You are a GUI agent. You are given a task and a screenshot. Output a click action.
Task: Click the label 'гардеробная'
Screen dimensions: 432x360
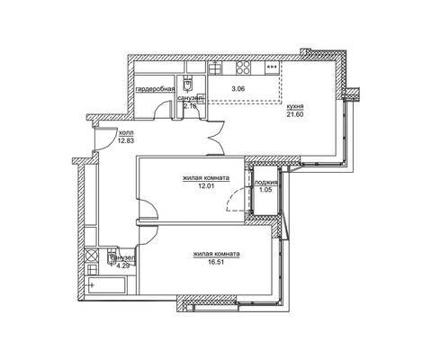156,89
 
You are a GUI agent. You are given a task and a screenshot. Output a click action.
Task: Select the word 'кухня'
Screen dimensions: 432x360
295,106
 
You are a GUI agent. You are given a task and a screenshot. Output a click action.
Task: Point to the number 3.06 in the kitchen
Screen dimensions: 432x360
238,88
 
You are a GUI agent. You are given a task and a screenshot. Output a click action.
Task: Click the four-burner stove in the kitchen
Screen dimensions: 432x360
243,67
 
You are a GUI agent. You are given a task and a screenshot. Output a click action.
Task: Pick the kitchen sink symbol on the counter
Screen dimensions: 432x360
216,67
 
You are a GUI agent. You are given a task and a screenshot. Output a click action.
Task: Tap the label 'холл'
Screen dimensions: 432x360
126,132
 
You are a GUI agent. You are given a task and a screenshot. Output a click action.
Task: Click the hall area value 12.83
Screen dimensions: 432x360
126,140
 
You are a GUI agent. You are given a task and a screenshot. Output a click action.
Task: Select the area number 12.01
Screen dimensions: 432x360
206,185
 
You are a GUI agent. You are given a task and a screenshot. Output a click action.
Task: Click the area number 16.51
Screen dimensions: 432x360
216,262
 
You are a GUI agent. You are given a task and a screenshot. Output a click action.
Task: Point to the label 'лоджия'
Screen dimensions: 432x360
265,182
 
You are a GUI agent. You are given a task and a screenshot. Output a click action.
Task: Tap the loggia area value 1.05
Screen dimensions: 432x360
265,190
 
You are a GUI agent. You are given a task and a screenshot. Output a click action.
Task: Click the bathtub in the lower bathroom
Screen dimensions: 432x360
106,285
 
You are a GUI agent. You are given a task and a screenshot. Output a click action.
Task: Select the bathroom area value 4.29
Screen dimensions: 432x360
122,265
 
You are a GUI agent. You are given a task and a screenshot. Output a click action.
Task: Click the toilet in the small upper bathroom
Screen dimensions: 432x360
187,83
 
